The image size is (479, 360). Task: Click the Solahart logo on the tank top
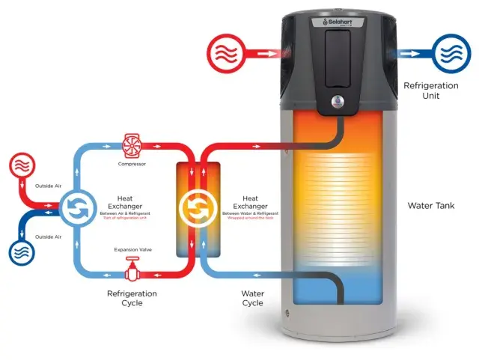click(340, 22)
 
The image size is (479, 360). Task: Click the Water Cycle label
click(252, 298)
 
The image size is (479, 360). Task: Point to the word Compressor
click(132, 162)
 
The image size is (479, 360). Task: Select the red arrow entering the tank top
click(269, 54)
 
